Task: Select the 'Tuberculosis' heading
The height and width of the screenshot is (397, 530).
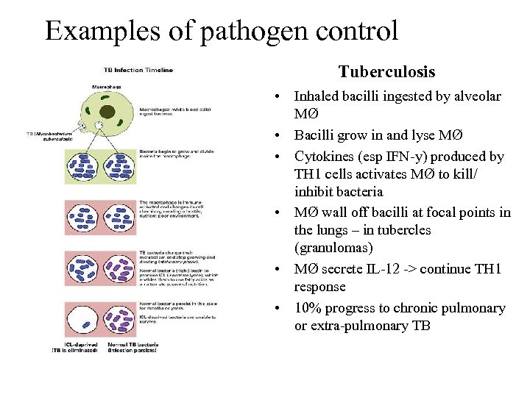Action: (x=386, y=72)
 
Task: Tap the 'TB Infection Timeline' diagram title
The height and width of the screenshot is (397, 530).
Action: (x=138, y=71)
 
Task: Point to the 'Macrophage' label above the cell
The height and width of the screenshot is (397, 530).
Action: (x=106, y=86)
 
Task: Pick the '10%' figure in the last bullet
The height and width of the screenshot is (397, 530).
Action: (x=308, y=308)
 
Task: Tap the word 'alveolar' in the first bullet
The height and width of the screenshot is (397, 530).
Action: (x=478, y=96)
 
